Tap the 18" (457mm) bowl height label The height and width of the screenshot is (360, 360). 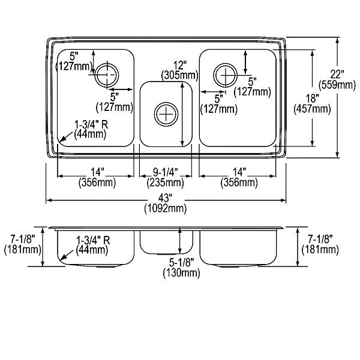312,104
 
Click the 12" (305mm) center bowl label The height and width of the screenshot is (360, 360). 180,70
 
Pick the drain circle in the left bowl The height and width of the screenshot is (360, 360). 107,75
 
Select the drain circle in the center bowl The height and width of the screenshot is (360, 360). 166,114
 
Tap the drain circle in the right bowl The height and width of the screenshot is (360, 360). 225,75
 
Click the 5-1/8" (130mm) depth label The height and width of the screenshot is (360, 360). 181,268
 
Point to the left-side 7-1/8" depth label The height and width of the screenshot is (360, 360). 23,245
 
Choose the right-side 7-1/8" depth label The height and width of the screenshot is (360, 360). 320,245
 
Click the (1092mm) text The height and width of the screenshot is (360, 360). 166,209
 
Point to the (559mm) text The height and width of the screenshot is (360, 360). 337,85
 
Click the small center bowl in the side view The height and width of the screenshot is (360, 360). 166,242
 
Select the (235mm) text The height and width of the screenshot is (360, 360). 166,183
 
